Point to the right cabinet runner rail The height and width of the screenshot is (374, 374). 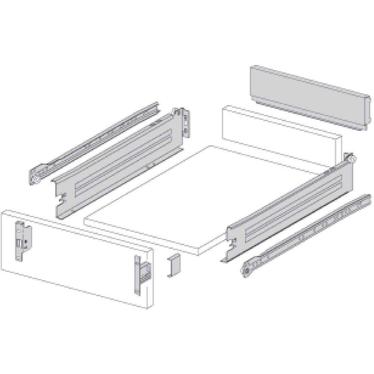click(307, 232)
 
